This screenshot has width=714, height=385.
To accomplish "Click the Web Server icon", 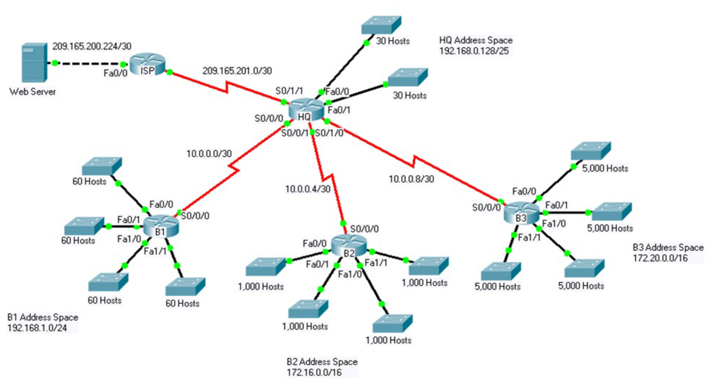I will click(x=34, y=62).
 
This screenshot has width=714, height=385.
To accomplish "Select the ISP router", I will click(x=147, y=64).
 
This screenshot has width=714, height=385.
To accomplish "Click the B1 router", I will click(x=161, y=227).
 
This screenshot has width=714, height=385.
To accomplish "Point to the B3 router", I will click(x=522, y=213).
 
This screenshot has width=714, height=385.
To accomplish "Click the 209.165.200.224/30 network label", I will click(x=92, y=46).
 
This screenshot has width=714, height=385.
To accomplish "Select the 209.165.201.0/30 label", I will click(x=237, y=71).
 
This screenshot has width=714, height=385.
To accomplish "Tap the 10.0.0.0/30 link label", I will click(x=209, y=154).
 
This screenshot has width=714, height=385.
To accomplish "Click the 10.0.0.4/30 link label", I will click(x=308, y=189).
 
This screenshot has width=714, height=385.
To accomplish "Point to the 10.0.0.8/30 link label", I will click(x=411, y=179).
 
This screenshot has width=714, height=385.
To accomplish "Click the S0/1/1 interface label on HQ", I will click(x=289, y=91).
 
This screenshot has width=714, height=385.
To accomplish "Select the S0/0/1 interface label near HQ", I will click(x=295, y=133).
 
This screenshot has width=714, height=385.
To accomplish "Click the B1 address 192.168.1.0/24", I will click(x=37, y=328).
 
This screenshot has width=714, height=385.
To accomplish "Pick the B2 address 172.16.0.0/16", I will click(x=314, y=373).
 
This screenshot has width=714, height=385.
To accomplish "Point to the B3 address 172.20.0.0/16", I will click(x=660, y=258).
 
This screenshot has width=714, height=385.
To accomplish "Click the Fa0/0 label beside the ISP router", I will click(x=115, y=73).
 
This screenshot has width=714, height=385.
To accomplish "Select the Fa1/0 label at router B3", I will click(x=554, y=224).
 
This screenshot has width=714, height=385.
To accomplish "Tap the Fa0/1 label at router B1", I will click(x=129, y=219).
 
